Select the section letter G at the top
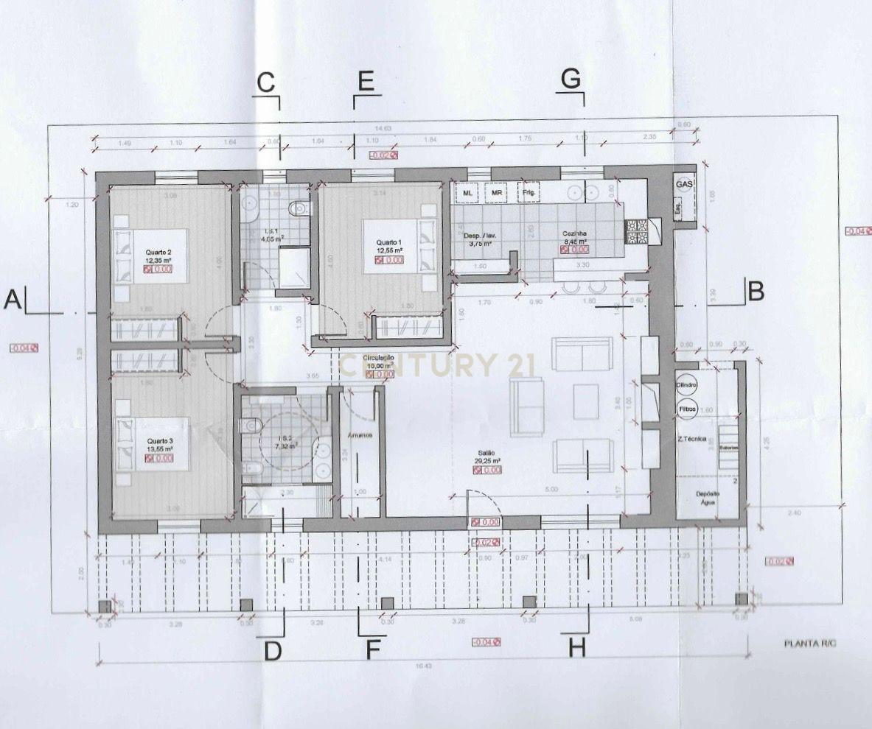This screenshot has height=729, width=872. coord(571,79)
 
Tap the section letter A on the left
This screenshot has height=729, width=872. coord(12,300)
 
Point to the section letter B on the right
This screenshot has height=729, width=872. coord(755,292)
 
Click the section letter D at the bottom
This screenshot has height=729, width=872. coord(273,651)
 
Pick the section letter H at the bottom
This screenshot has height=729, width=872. coord(576,648)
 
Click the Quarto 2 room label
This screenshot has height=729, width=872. coord(158,252)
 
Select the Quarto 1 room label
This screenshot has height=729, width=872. coord(389,242)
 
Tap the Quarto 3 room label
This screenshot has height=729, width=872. coord(159,440)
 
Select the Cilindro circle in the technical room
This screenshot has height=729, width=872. coord(686,386)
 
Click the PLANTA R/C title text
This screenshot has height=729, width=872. coord(810,643)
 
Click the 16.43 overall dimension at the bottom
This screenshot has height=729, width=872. coord(423,665)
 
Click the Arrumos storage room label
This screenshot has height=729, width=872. coord(360,435)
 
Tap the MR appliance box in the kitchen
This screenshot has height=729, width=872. coord(497,193)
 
